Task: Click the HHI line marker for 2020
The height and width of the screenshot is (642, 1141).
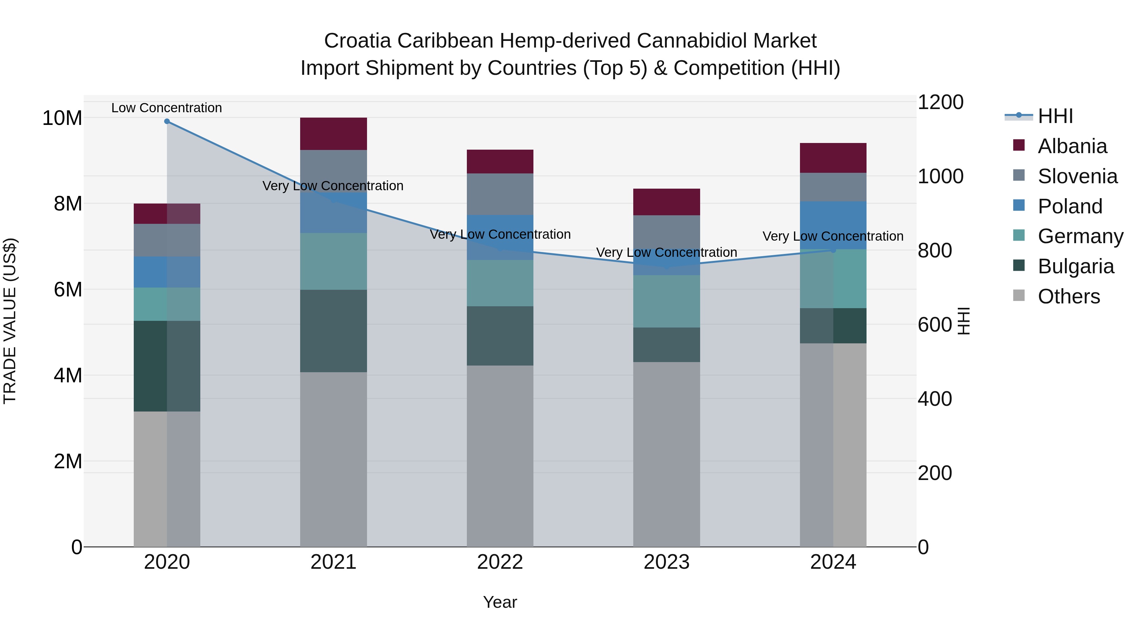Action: point(167,121)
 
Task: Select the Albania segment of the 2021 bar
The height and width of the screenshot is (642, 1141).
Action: point(333,134)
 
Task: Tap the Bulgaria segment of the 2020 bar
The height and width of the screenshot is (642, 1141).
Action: point(167,366)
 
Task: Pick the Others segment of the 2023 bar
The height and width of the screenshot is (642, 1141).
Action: point(666,454)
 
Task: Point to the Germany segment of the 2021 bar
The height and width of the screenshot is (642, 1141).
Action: point(333,262)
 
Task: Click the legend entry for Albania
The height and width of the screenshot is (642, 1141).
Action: point(1072,146)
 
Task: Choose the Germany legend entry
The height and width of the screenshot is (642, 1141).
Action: point(1080,236)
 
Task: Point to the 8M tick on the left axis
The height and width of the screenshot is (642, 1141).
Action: point(67,204)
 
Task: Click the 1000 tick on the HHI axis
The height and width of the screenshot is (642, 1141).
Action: point(940,176)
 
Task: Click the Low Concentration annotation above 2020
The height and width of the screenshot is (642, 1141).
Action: point(166,108)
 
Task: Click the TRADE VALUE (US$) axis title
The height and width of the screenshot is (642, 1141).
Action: point(10,321)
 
